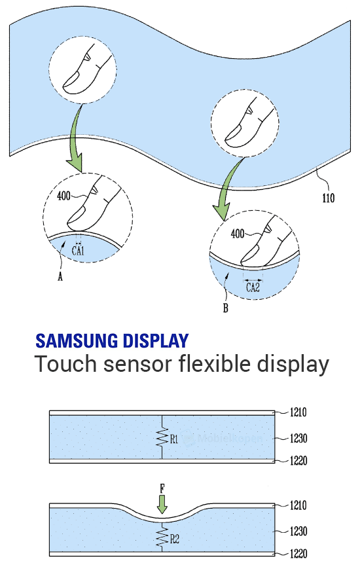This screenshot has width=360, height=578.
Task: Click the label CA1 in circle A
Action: pyautogui.click(x=79, y=250)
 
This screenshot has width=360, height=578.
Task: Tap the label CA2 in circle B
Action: pyautogui.click(x=253, y=285)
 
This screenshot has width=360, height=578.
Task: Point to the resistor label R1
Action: pyautogui.click(x=174, y=440)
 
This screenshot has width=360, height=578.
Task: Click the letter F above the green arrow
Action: pyautogui.click(x=163, y=488)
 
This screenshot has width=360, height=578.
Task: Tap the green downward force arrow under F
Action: pyautogui.click(x=163, y=504)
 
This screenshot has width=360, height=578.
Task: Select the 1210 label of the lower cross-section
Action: pyautogui.click(x=298, y=505)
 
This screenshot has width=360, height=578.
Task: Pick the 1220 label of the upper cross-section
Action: pyautogui.click(x=298, y=461)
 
